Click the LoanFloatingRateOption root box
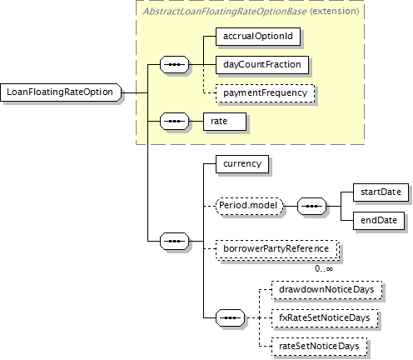(x=61, y=92)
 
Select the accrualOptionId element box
(x=258, y=37)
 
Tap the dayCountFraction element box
(x=262, y=65)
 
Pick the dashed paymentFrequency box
(x=265, y=93)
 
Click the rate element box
(x=225, y=122)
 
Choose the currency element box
(x=242, y=164)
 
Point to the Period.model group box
(x=249, y=206)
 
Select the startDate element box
(x=381, y=192)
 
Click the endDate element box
(x=379, y=221)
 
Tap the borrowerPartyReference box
(x=276, y=249)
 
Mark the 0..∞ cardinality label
(x=324, y=269)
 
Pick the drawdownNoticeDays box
(x=326, y=290)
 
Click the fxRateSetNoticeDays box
(x=325, y=318)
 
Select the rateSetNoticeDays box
(x=319, y=347)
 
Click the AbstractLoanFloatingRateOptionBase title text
(x=224, y=12)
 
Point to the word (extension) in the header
(x=335, y=12)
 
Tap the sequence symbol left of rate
(x=174, y=122)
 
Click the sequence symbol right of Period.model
(x=311, y=206)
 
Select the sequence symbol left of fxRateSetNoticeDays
(x=231, y=317)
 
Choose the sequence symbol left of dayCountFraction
(x=174, y=65)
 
